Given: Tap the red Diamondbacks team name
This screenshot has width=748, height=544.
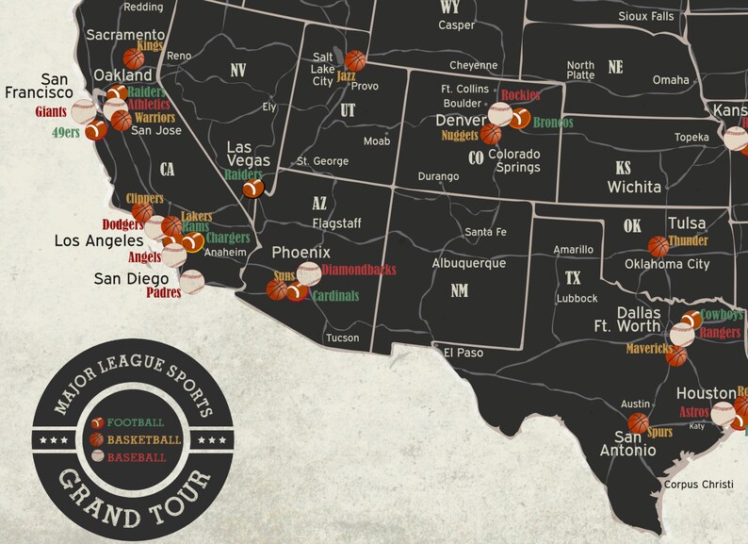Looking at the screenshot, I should (358, 270).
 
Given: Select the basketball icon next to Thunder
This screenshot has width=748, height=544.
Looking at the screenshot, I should (658, 246).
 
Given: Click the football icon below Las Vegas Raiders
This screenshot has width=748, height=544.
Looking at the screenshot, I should (253, 189).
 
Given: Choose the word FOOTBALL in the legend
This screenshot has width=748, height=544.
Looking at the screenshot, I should (135, 422).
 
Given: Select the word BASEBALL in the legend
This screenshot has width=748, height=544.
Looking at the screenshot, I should (136, 457).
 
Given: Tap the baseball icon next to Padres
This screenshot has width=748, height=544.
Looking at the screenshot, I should (191, 281).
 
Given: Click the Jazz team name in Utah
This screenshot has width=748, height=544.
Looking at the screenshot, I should (346, 76).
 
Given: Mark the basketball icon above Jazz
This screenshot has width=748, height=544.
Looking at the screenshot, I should (355, 60).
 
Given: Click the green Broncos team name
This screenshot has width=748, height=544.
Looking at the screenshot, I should (552, 123).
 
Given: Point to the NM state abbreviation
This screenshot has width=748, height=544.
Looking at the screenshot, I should (459, 291).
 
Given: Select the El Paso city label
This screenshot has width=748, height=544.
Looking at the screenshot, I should (463, 354).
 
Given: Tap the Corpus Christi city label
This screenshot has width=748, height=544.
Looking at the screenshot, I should (698, 485).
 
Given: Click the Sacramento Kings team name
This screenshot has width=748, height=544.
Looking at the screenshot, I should (150, 45).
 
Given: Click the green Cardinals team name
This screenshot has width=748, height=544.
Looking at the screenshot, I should (335, 296).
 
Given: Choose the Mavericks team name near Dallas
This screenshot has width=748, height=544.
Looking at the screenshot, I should (651, 349).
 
